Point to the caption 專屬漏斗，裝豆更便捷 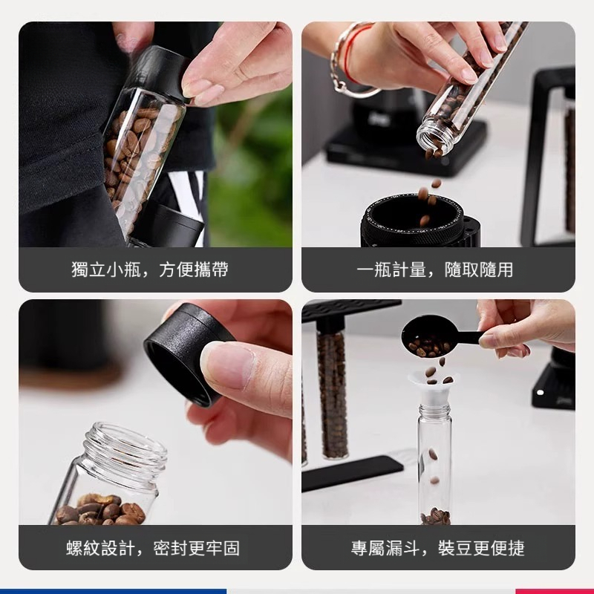click(438, 549)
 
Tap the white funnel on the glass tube click(434, 386)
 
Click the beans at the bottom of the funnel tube click(435, 516)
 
